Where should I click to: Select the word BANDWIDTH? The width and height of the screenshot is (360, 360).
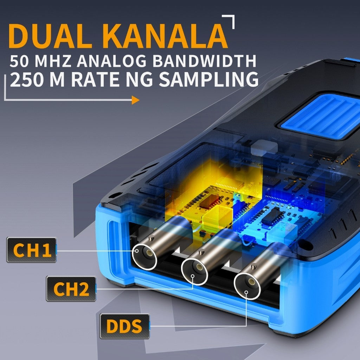(x=204, y=61)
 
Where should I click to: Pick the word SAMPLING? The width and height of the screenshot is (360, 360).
(x=209, y=79)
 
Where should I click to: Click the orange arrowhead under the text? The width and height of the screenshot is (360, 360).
(x=135, y=100)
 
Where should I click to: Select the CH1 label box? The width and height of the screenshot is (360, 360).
(x=32, y=250)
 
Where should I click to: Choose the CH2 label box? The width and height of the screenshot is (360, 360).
(x=71, y=289)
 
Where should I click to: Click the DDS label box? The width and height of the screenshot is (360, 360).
(x=125, y=326)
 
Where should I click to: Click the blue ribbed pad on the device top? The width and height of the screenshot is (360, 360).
(x=321, y=116)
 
